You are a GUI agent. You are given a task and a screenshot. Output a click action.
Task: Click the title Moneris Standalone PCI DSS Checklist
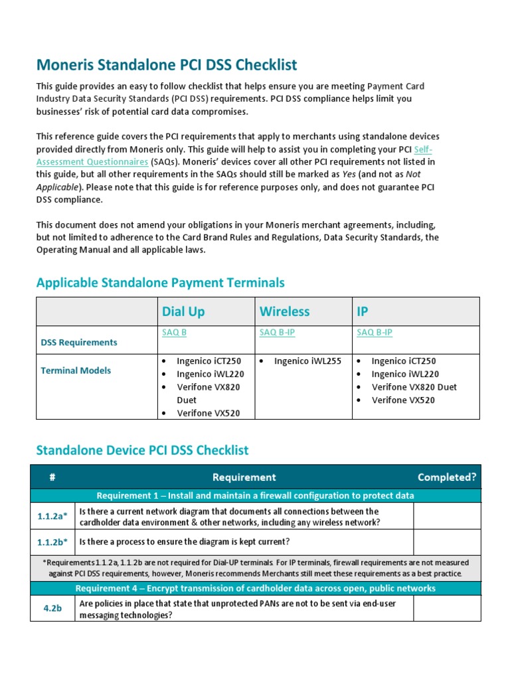(167, 65)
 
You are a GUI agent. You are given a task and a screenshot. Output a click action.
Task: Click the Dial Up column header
(183, 311)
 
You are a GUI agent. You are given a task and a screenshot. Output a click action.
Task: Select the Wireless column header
(284, 311)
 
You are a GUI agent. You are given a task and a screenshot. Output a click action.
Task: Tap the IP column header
(363, 311)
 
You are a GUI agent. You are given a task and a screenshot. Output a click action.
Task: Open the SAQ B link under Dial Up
(174, 333)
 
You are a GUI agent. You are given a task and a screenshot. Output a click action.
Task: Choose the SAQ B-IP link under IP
(375, 333)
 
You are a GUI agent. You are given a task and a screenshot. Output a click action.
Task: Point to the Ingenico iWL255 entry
(307, 361)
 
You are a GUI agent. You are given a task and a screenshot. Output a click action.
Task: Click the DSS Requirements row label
(79, 343)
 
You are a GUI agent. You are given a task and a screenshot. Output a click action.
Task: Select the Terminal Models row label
(76, 371)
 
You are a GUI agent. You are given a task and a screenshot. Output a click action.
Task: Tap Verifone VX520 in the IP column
(403, 400)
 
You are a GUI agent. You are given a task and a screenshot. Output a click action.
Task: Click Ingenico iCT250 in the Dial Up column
(209, 361)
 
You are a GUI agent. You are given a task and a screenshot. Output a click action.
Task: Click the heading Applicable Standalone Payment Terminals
(160, 283)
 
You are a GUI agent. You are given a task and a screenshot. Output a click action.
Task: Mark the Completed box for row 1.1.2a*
(446, 516)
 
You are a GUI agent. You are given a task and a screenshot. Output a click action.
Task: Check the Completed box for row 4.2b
(446, 608)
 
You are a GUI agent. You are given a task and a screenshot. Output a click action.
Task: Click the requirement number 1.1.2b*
(53, 542)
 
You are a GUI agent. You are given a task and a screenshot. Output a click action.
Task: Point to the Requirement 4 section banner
(255, 588)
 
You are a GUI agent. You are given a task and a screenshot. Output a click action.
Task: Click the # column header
(52, 477)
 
